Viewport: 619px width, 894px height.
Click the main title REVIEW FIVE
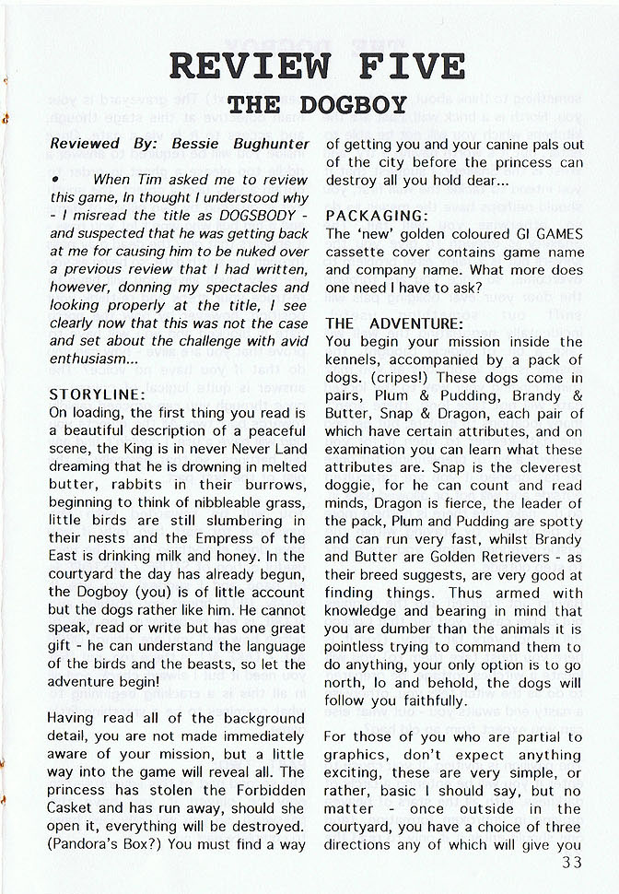(x=317, y=66)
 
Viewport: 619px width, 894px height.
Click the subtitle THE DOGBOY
(x=317, y=104)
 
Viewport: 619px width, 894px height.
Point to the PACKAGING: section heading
(x=372, y=215)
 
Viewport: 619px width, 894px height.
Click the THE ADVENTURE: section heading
(x=394, y=323)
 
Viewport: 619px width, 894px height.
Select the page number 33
(x=571, y=863)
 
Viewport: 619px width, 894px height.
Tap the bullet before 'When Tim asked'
(x=56, y=179)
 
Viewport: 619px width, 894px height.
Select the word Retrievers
(x=493, y=558)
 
